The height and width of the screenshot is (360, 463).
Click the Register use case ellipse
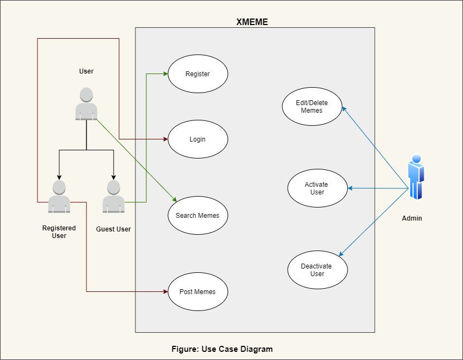coord(197,74)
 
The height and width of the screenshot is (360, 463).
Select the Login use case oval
coord(197,139)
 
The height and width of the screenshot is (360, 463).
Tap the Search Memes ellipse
coord(197,216)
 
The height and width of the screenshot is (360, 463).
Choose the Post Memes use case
coord(197,292)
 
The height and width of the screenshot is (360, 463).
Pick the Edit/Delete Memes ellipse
coord(312,107)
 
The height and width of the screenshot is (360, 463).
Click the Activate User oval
coord(317,188)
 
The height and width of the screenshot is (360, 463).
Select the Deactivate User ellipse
coord(317,270)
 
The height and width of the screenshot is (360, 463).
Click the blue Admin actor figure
coord(416,177)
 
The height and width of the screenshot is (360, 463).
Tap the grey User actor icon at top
coord(86,103)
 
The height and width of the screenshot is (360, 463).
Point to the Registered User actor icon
coord(59,197)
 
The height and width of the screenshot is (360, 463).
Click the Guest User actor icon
coord(113,197)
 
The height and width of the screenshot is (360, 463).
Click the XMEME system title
coord(252,22)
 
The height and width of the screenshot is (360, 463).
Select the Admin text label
coord(412,218)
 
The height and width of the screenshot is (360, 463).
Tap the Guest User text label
coord(113,229)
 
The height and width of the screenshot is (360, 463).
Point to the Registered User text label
coord(59,232)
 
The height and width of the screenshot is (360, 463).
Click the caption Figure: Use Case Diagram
coord(222,349)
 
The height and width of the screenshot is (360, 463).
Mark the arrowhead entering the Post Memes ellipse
coord(165,292)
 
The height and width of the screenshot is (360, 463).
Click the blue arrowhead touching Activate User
coord(350,188)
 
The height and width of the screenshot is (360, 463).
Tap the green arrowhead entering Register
coord(165,74)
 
